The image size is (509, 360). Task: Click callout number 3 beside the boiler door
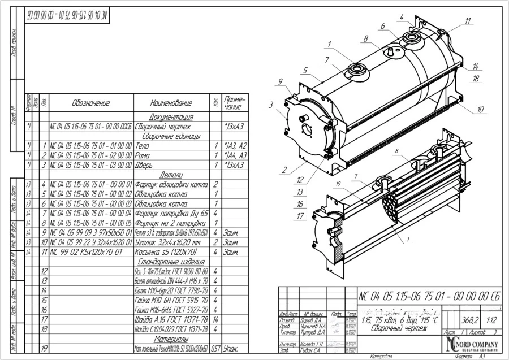[x=271, y=105]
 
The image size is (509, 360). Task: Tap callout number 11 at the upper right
[x=468, y=21]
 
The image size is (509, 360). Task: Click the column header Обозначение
[x=90, y=103]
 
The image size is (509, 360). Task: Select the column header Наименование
[x=171, y=103]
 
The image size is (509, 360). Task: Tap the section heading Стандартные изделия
[x=171, y=262]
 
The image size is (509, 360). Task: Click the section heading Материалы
[x=171, y=339]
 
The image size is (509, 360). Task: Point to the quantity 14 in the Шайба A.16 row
[x=216, y=319]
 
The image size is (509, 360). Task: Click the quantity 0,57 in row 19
[x=215, y=349]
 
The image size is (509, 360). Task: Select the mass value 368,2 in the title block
[x=467, y=318]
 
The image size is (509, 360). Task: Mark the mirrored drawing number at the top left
[x=66, y=15]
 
